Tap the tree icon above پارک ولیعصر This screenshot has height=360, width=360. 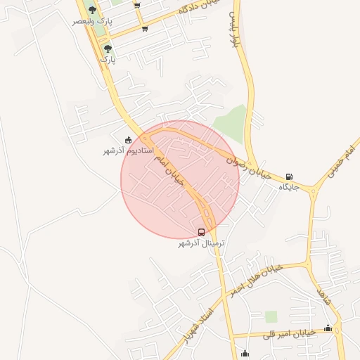(x=92, y=10)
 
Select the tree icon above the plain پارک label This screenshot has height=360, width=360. (x=108, y=49)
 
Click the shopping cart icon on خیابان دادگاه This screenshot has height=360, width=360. (x=145, y=29)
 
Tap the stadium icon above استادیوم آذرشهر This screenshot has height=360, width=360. (x=127, y=140)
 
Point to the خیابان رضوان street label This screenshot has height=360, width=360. (x=249, y=167)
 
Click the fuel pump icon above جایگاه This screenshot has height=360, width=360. (x=290, y=176)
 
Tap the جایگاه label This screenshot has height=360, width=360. (x=289, y=187)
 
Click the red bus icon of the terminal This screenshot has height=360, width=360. (x=202, y=232)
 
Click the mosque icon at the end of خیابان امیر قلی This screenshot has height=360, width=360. (x=328, y=328)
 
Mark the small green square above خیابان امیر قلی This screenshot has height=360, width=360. (x=271, y=316)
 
